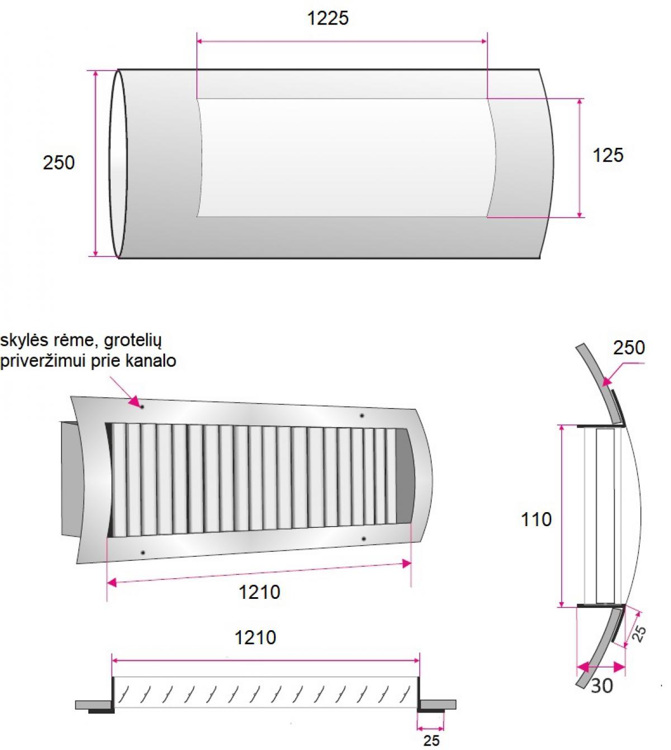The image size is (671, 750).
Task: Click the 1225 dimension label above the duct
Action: click(x=328, y=18)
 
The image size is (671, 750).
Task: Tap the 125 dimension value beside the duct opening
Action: click(x=608, y=155)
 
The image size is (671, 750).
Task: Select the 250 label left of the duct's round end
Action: click(x=59, y=162)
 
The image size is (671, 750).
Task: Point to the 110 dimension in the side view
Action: click(x=536, y=519)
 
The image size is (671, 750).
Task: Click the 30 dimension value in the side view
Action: click(x=602, y=686)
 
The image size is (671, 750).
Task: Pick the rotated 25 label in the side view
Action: click(x=639, y=634)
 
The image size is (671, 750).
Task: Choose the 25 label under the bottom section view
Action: click(x=431, y=739)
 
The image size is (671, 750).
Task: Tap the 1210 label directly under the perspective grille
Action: click(x=259, y=592)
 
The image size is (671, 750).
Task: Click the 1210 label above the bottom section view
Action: click(x=255, y=637)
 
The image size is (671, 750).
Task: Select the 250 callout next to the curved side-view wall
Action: click(x=629, y=348)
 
